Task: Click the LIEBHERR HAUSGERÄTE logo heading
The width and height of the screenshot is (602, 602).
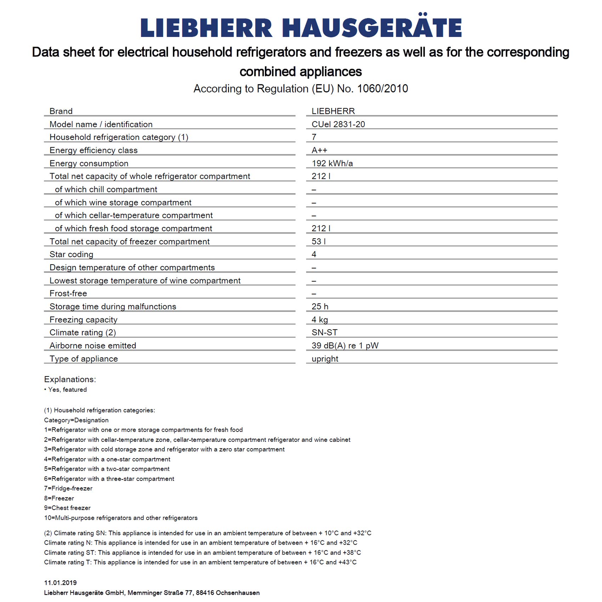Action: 301,28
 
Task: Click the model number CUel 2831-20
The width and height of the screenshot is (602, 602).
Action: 338,124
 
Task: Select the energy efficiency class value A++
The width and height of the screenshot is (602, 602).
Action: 319,150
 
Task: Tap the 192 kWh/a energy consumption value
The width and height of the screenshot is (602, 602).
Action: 332,163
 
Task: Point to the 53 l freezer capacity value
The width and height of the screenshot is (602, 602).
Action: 318,242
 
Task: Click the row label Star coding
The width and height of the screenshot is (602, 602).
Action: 71,254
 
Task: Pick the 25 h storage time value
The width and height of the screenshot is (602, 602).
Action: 320,306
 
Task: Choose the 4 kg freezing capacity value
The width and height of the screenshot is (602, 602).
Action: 319,319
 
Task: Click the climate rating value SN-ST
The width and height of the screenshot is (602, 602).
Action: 324,333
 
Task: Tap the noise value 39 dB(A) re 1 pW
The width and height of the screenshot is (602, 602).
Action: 345,346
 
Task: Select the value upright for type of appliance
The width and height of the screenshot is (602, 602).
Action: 325,359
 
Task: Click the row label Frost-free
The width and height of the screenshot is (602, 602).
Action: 68,293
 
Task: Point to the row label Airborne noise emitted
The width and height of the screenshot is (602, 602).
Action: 93,346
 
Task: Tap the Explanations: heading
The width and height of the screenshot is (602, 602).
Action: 70,379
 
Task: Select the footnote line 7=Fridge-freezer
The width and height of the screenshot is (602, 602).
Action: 68,488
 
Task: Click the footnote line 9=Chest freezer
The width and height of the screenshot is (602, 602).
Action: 67,508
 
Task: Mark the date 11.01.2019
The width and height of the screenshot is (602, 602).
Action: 60,583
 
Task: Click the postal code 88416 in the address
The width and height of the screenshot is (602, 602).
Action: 205,593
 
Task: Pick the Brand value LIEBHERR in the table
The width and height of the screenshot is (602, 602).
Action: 333,111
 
